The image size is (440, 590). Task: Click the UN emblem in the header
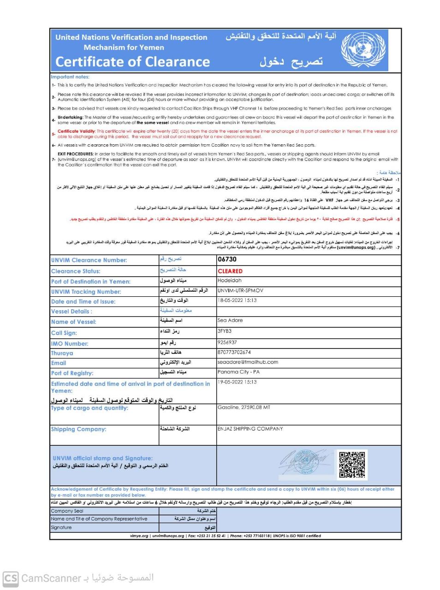click(x=363, y=50)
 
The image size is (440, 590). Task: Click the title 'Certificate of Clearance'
click(x=133, y=62)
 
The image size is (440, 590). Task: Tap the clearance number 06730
click(x=227, y=260)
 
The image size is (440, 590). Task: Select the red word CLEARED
click(x=230, y=271)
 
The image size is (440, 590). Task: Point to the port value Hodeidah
click(x=230, y=280)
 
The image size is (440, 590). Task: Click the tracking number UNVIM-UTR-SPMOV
click(x=240, y=290)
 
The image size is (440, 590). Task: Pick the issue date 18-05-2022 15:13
click(x=237, y=300)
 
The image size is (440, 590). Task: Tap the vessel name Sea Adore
click(x=230, y=320)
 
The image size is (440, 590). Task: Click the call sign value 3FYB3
click(x=225, y=331)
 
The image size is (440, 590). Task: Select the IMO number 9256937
click(x=227, y=342)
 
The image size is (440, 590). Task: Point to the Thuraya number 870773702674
click(x=234, y=352)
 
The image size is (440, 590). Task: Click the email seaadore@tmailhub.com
click(x=248, y=362)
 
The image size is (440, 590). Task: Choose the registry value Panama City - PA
click(x=238, y=372)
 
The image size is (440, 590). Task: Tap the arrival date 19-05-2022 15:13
click(x=237, y=382)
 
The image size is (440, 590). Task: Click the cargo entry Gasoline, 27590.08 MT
click(x=244, y=407)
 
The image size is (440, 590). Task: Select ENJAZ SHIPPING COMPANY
click(x=250, y=429)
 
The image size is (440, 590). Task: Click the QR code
click(x=352, y=465)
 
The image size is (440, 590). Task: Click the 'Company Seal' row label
click(x=67, y=511)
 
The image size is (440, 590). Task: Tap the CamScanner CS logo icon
click(x=11, y=578)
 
